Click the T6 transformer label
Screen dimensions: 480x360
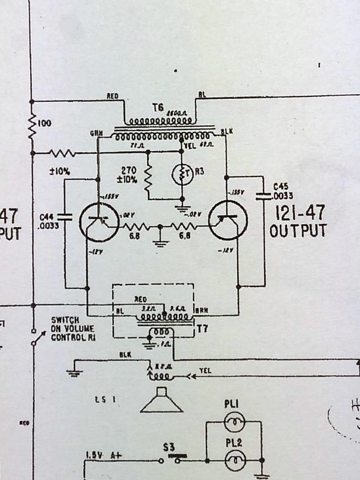click(x=157, y=108)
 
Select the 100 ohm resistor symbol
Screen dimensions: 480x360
click(x=33, y=124)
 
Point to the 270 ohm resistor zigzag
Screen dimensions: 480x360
click(x=148, y=175)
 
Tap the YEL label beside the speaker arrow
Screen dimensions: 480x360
click(x=205, y=371)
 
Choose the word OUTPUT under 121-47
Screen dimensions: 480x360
click(x=298, y=231)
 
